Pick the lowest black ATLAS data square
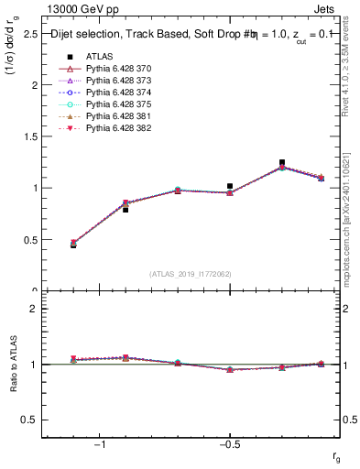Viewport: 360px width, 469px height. coord(73,245)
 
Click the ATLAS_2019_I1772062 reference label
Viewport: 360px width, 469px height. coord(191,274)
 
